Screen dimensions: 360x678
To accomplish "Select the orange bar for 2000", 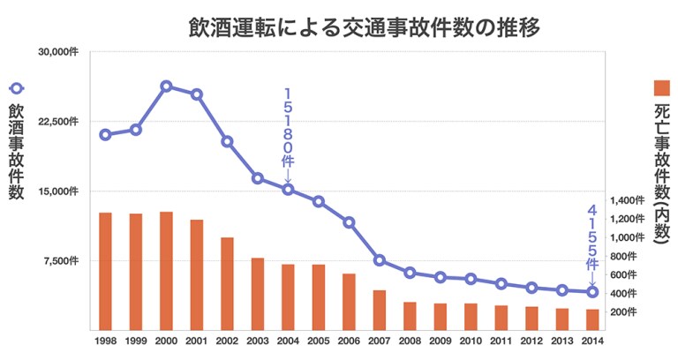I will [x=166, y=270].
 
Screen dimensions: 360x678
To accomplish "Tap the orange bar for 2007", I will [x=379, y=309].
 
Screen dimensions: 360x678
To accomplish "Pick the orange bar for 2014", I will [x=592, y=319].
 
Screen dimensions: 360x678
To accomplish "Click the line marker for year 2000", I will [x=166, y=86].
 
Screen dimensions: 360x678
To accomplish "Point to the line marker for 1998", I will [x=105, y=135].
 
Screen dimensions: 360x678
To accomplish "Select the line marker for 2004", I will [x=288, y=190].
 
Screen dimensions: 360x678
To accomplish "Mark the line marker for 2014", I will [x=592, y=292].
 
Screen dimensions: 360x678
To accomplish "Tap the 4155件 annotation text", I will [x=592, y=238].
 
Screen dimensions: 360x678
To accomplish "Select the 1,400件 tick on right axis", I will [x=629, y=201].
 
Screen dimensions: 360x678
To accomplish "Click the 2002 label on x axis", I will [x=227, y=341].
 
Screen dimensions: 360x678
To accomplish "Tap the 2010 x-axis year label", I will [x=471, y=341].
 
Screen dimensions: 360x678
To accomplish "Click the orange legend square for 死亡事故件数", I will [x=661, y=86].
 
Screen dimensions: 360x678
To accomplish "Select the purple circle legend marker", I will [x=16, y=88].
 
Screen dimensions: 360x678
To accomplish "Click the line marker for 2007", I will [x=379, y=260].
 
